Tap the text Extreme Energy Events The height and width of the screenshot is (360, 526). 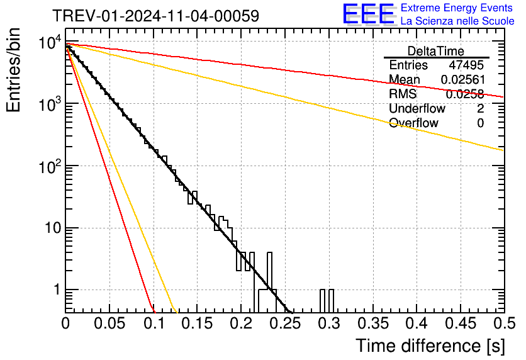pos(457,8)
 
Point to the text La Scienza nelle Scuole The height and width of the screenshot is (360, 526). pos(457,21)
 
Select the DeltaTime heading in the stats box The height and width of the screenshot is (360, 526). pos(436,51)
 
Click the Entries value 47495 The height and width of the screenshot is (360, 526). pos(466,65)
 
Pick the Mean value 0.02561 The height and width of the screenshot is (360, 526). pos(462,80)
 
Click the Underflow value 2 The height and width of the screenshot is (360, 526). pos(480,108)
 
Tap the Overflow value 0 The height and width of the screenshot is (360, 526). pos(480,123)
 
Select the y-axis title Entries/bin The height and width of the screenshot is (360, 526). pos(14,70)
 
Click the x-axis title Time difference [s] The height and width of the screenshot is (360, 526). pos(429,346)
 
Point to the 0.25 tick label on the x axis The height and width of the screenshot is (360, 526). pos(284,324)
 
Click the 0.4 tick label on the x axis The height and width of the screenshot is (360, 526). pos(416,324)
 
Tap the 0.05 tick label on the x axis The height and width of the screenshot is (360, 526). pos(109,324)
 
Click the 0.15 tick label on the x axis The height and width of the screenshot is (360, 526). pos(197,324)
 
